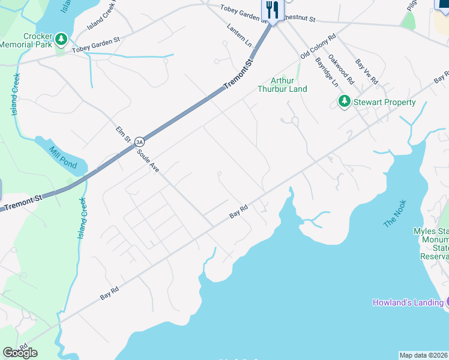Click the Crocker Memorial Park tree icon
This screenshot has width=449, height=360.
(61, 40)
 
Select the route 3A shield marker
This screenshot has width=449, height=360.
(139, 142)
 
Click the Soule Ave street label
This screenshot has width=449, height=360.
(147, 161)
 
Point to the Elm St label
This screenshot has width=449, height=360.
(124, 134)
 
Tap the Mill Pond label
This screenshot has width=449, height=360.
(61, 157)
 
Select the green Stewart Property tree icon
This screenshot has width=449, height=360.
(344, 102)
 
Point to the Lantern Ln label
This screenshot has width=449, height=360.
(240, 32)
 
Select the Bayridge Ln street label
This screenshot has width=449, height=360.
(329, 71)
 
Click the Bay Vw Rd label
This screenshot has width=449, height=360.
(366, 71)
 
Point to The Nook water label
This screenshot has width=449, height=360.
(395, 213)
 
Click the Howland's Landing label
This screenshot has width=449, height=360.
(408, 302)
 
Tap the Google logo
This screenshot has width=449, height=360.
(20, 352)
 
